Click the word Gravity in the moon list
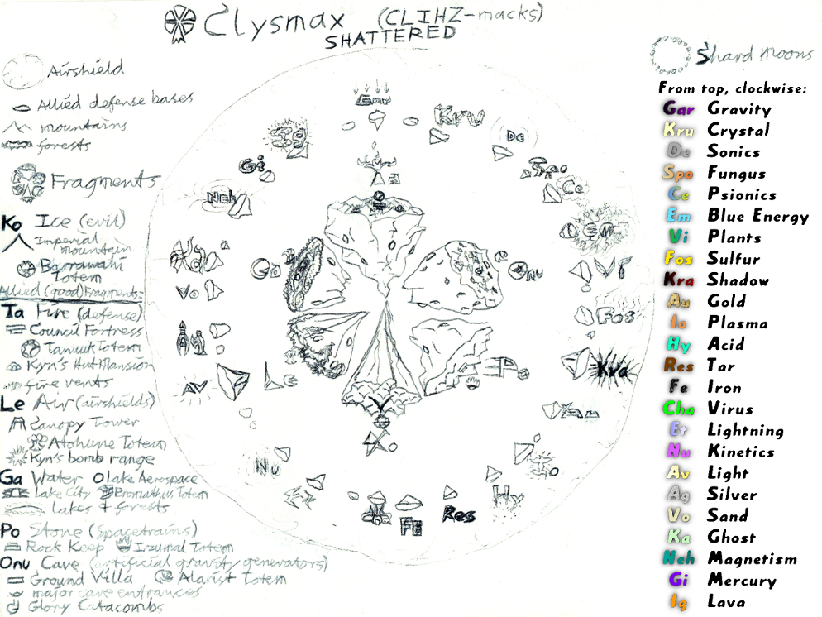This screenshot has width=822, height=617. point(738,108)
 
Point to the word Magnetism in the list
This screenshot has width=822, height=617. point(752,559)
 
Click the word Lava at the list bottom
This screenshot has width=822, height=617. point(726,602)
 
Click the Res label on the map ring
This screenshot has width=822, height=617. point(458,515)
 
